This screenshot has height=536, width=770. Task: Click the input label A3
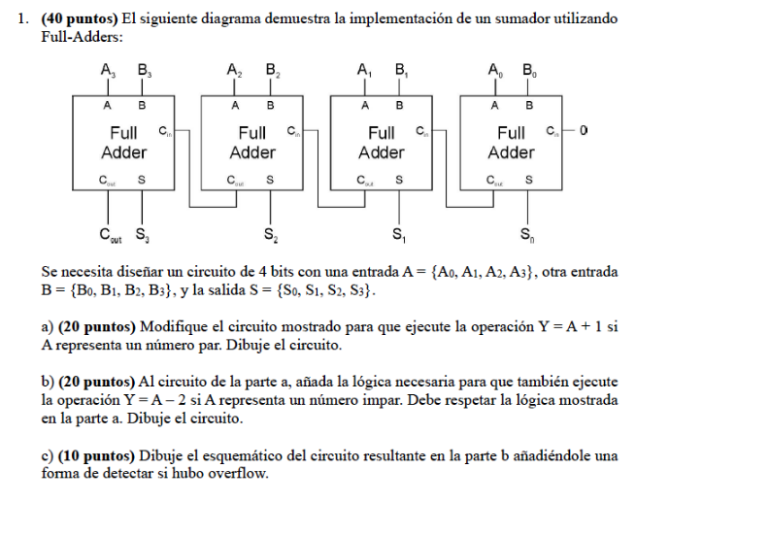pyautogui.click(x=108, y=70)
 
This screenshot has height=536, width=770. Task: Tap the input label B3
pyautogui.click(x=144, y=70)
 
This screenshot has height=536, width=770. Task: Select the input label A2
pyautogui.click(x=235, y=70)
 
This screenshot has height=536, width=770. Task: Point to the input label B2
pyautogui.click(x=272, y=70)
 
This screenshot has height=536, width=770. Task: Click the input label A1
pyautogui.click(x=364, y=70)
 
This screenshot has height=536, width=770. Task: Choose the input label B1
pyautogui.click(x=401, y=70)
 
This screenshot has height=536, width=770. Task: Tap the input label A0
pyautogui.click(x=494, y=70)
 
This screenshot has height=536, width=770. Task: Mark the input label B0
pyautogui.click(x=529, y=70)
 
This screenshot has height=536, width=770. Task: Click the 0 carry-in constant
pyautogui.click(x=583, y=130)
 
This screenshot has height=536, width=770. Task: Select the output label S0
pyautogui.click(x=526, y=234)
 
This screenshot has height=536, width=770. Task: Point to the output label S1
pyautogui.click(x=399, y=234)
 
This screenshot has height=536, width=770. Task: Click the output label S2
pyautogui.click(x=270, y=234)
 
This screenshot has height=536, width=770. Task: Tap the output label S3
pyautogui.click(x=142, y=234)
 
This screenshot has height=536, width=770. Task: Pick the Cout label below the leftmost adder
pyautogui.click(x=110, y=234)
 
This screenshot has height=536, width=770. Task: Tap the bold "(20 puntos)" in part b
pyautogui.click(x=98, y=383)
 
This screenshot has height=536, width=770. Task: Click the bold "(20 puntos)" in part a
pyautogui.click(x=97, y=327)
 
